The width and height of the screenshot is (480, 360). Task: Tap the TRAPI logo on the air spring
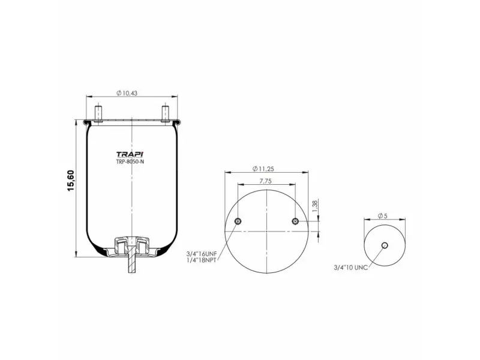[x=130, y=153]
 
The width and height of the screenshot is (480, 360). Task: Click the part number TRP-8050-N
[x=130, y=161]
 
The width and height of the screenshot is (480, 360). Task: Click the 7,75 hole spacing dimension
[x=267, y=180]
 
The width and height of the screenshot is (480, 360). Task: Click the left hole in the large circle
[x=239, y=222]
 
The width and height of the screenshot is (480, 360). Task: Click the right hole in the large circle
[x=295, y=222]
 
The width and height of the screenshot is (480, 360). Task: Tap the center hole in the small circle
[x=385, y=245]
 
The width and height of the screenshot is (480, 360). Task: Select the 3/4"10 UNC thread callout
[x=351, y=267]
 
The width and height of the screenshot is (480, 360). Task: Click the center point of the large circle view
[x=267, y=230]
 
